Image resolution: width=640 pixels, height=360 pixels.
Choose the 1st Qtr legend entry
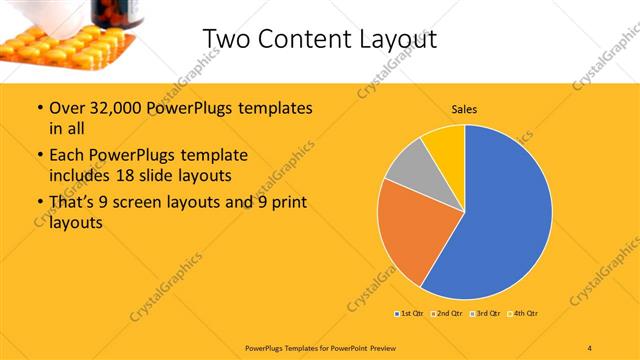tap(409, 313)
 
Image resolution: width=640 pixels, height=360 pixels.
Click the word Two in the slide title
tap(227, 39)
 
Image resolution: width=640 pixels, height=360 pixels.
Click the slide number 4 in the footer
tap(590, 348)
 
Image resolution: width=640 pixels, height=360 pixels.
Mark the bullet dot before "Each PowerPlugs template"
tap(39, 156)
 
